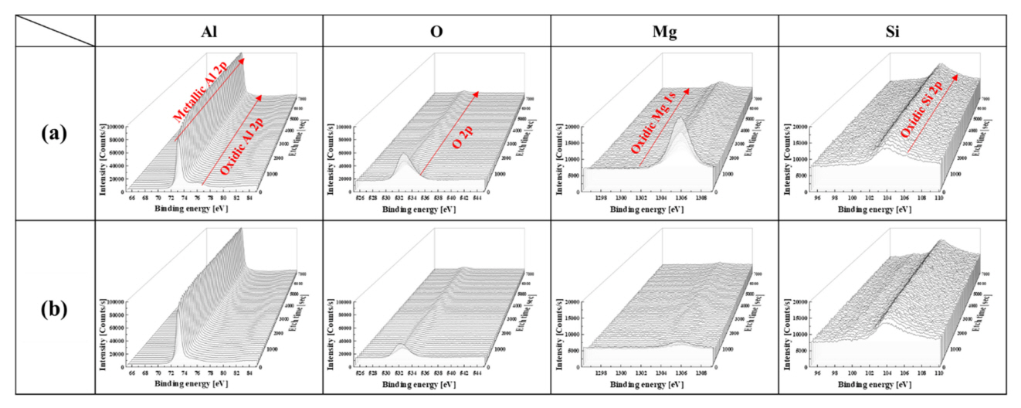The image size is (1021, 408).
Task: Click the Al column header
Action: point(209,31)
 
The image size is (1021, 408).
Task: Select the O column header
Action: point(436,31)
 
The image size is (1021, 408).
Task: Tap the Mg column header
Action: point(663,31)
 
